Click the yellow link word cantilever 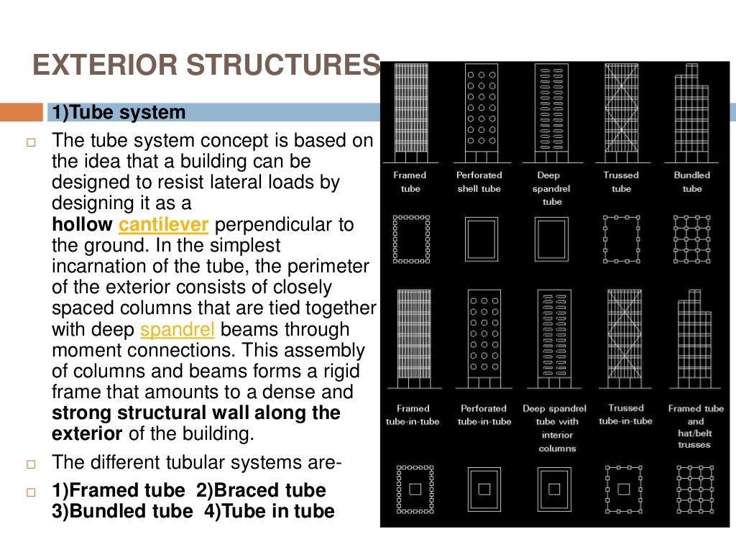pos(163,225)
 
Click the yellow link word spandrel pos(174,330)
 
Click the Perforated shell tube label pos(479,182)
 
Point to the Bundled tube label pos(691,182)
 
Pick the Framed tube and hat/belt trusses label pos(695,426)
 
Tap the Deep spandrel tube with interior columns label pos(553,428)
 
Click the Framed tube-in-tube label pos(413,415)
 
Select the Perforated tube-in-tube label pos(484,415)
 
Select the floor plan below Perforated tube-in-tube pos(484,489)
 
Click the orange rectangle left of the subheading pos(21,113)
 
